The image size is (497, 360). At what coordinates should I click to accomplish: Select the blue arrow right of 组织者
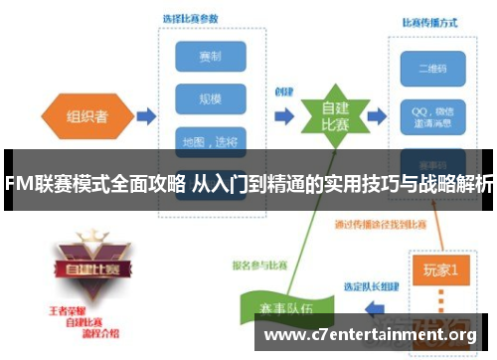click(145, 116)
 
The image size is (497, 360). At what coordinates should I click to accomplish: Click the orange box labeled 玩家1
click(439, 270)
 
